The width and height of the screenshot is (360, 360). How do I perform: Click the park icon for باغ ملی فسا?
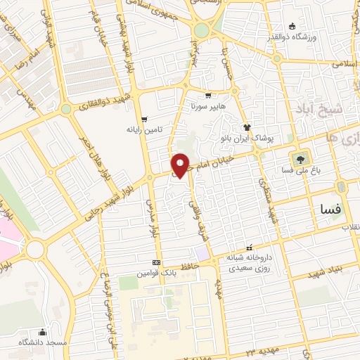[x=302, y=159]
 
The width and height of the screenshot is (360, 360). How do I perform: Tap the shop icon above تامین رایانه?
[x=144, y=119]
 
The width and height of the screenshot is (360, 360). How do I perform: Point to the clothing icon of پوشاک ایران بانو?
[x=247, y=127]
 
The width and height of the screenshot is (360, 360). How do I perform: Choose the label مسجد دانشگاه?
[x=44, y=342]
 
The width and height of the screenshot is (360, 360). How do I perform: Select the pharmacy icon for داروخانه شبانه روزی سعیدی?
[x=220, y=259]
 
